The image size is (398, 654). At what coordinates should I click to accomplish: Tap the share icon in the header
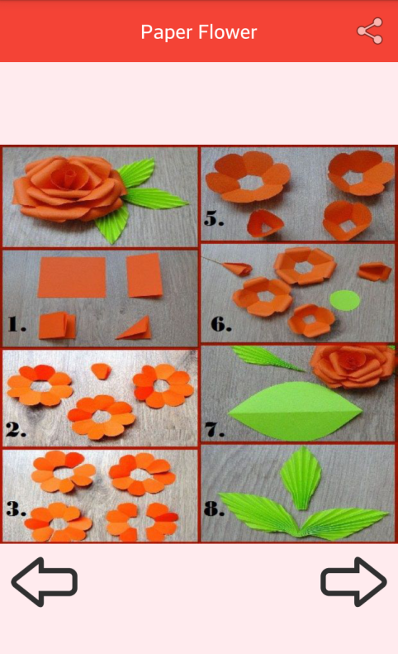tap(370, 31)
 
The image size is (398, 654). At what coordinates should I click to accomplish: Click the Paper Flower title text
tap(199, 32)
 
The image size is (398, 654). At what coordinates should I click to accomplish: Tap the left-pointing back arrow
tap(44, 581)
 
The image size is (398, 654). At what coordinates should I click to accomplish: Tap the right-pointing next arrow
tap(353, 581)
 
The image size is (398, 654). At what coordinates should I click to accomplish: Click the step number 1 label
tap(17, 324)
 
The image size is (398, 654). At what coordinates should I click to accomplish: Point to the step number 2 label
tap(17, 429)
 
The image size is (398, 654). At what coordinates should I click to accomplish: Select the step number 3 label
tap(17, 508)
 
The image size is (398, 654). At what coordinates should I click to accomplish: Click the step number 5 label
tap(214, 218)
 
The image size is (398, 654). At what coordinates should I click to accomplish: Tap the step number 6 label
tap(220, 324)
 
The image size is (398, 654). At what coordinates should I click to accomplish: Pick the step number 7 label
tap(215, 429)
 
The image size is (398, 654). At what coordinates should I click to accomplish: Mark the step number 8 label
tap(214, 508)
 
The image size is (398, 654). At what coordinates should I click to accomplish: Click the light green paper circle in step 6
tap(344, 300)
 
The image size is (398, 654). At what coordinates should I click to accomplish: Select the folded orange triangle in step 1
tap(135, 328)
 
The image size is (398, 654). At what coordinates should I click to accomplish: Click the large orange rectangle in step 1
tap(72, 277)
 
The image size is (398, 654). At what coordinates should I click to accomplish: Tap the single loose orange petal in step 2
tap(101, 370)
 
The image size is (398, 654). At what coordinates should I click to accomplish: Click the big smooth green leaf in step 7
tap(295, 411)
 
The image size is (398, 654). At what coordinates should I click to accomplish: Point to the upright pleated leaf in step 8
tap(301, 478)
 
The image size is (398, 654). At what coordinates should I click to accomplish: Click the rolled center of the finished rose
tap(69, 176)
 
